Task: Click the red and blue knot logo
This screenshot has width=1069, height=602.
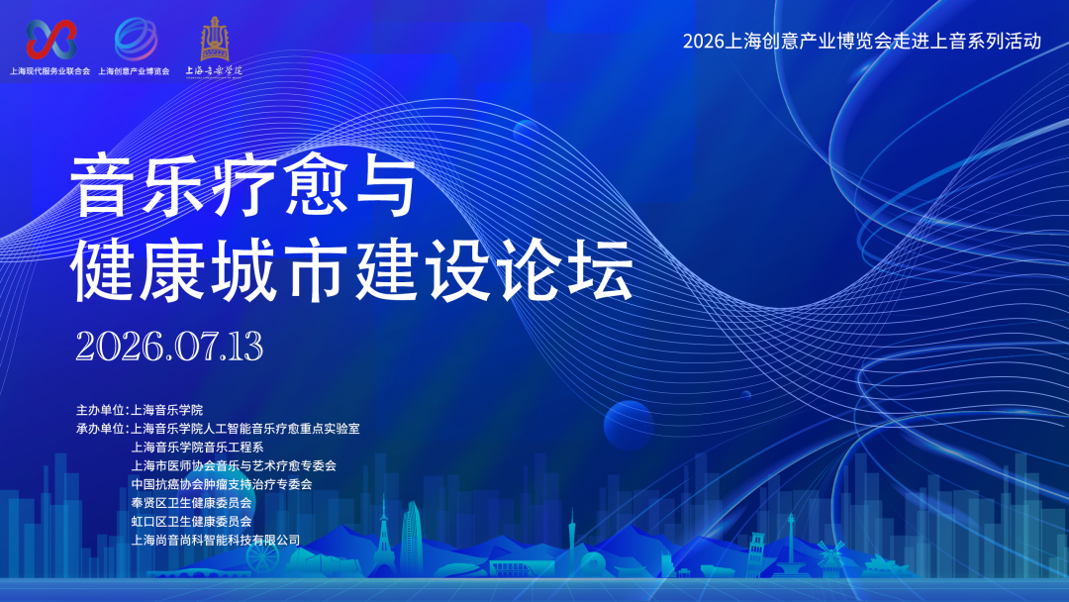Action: tap(51, 39)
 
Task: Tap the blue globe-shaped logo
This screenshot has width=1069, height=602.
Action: tap(136, 39)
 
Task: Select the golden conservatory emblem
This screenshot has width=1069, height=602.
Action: tap(214, 39)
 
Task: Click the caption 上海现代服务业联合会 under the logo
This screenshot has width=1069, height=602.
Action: tap(49, 71)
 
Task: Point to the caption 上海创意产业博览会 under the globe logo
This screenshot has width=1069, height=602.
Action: tap(134, 71)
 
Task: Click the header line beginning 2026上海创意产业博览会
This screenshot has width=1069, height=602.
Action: tap(862, 41)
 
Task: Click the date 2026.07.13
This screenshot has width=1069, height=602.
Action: tap(169, 347)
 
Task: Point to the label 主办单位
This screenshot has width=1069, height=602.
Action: tap(100, 410)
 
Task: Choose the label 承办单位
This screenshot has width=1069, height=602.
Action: tap(100, 428)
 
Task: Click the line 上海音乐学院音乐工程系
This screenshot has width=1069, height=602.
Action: tap(197, 448)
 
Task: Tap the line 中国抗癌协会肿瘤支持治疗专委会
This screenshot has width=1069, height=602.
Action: tap(222, 484)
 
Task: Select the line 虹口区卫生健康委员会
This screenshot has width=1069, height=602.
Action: tap(191, 522)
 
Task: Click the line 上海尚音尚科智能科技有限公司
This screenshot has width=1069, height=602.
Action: tap(216, 540)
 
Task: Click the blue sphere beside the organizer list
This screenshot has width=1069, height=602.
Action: tap(628, 425)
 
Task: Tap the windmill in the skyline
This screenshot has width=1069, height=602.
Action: tap(830, 553)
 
